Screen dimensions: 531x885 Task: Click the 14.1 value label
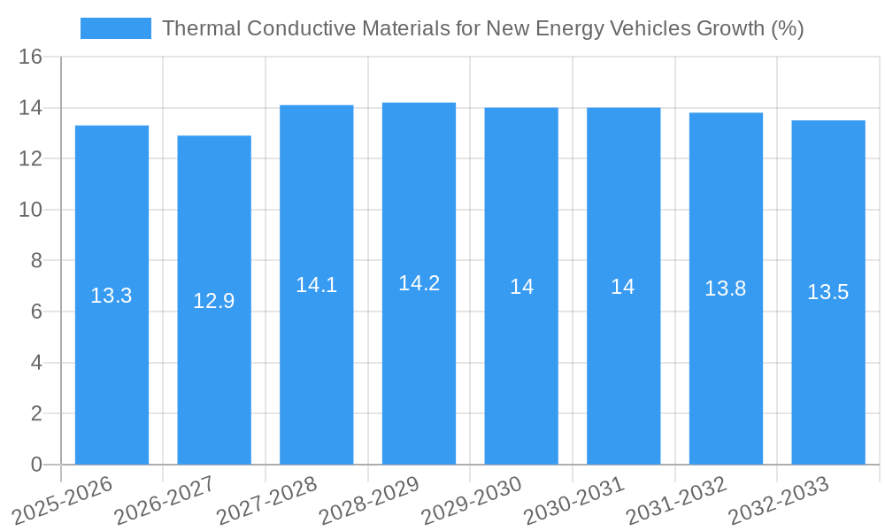316,285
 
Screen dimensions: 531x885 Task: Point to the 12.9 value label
214,301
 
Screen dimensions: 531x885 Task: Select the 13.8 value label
726,289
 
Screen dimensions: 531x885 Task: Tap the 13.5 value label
828,292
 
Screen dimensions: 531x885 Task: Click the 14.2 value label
419,283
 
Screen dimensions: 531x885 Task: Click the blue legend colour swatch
115,28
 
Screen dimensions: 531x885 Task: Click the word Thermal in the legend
201,28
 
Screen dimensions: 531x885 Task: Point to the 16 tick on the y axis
30,58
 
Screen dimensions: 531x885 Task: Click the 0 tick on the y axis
36,465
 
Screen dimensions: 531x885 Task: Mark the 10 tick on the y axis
30,210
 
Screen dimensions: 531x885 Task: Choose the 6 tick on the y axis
36,312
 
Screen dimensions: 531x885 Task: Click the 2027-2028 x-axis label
268,500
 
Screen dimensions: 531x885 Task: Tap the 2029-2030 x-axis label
473,500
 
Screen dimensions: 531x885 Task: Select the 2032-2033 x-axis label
780,500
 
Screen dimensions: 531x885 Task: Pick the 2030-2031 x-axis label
575,500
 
